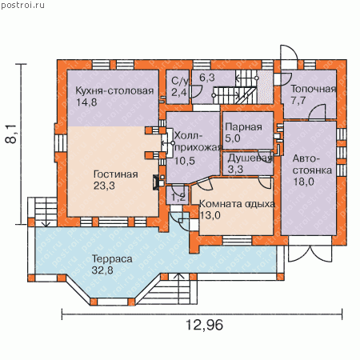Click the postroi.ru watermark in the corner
click(x=22, y=5)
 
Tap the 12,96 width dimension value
click(x=204, y=325)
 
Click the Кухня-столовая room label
click(x=114, y=91)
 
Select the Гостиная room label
click(x=116, y=174)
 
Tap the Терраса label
click(x=112, y=259)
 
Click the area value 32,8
click(x=102, y=270)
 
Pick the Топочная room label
click(x=313, y=89)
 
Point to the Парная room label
click(x=243, y=127)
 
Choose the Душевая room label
click(x=250, y=158)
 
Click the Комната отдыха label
click(x=237, y=204)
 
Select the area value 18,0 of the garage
click(x=304, y=182)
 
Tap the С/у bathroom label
click(x=179, y=81)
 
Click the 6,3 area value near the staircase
click(x=207, y=78)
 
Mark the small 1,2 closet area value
click(x=178, y=198)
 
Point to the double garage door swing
click(x=310, y=254)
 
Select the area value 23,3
click(x=104, y=186)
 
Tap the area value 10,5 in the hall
click(x=185, y=161)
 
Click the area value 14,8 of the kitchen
click(x=86, y=102)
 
